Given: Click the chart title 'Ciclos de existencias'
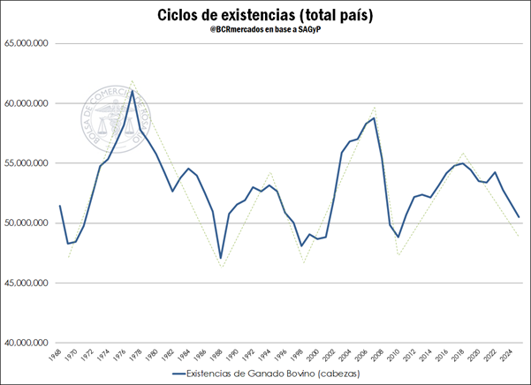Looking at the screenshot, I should point(265,15).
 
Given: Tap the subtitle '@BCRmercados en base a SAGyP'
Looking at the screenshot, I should point(265,34).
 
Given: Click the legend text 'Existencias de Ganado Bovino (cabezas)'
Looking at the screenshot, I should point(274,374).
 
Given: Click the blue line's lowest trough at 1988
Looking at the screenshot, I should point(220,258).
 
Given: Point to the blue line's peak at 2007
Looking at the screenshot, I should point(374,117).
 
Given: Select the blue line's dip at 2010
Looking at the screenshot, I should point(398,237).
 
